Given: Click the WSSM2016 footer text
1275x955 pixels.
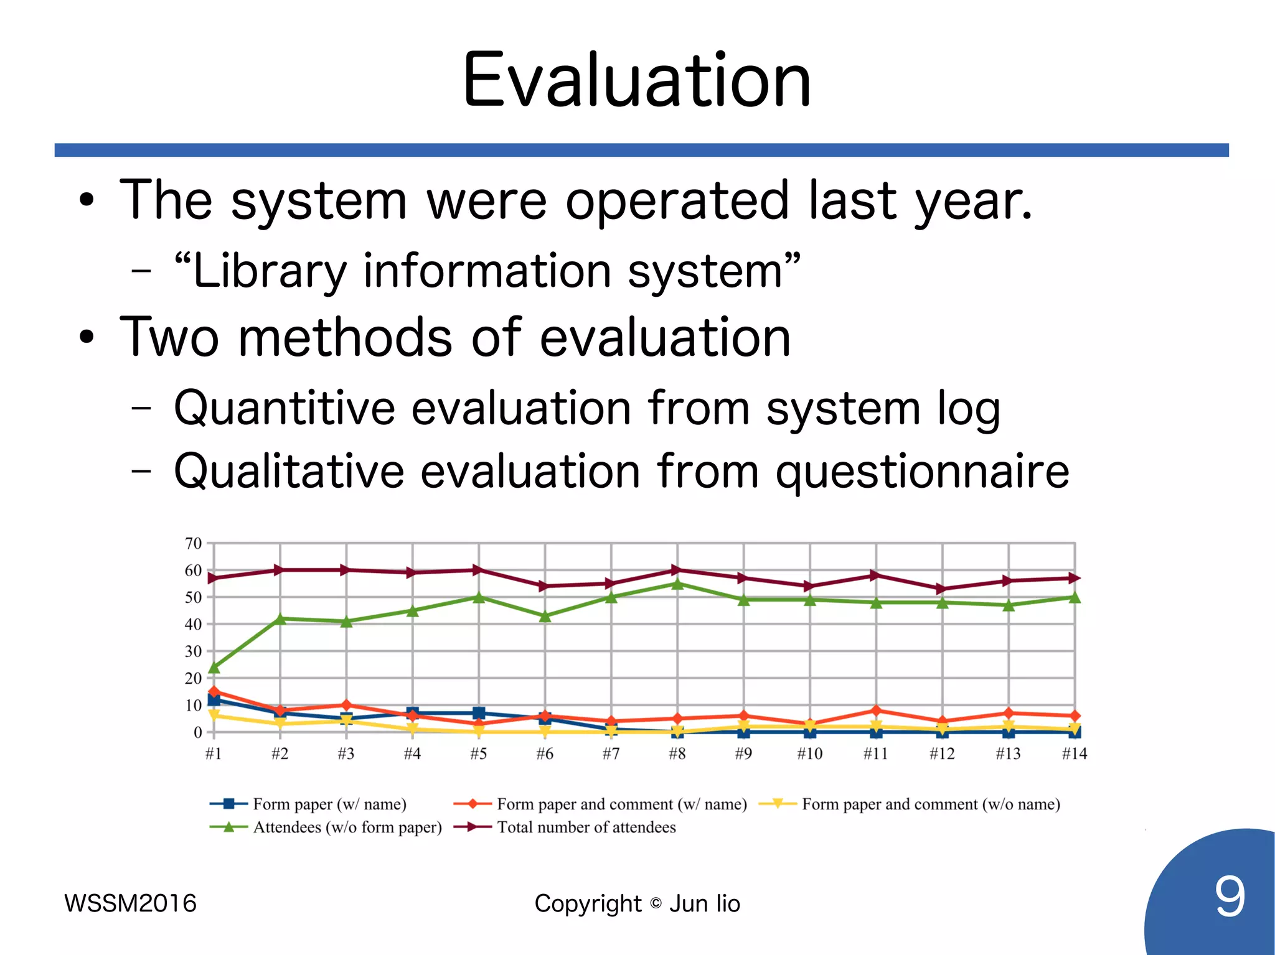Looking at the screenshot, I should pyautogui.click(x=130, y=903).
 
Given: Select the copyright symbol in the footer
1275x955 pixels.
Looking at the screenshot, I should pyautogui.click(x=656, y=903).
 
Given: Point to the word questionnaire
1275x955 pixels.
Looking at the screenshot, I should pyautogui.click(x=922, y=472).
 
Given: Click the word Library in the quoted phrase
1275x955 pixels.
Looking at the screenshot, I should pyautogui.click(x=270, y=271).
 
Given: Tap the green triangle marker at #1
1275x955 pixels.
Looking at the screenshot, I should pyautogui.click(x=214, y=668).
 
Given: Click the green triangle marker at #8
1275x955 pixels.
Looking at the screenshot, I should pyautogui.click(x=677, y=584).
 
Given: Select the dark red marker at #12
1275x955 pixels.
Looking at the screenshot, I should pyautogui.click(x=942, y=589).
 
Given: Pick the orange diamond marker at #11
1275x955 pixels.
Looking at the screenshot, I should pyautogui.click(x=876, y=710).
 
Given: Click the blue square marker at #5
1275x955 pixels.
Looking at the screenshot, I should pyautogui.click(x=479, y=713).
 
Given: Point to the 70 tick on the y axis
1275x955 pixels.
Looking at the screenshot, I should pyautogui.click(x=194, y=543).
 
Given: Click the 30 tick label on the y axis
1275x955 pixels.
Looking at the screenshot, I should pyautogui.click(x=194, y=651).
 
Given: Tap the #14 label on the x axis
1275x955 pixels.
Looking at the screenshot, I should pyautogui.click(x=1074, y=753).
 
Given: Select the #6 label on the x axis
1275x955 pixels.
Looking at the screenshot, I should pyautogui.click(x=545, y=753).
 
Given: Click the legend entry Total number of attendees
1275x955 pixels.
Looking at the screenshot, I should pyautogui.click(x=586, y=827).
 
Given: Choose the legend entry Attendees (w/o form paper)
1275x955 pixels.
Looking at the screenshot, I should pyautogui.click(x=347, y=827).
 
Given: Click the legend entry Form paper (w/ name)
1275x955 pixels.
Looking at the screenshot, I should pyautogui.click(x=329, y=804).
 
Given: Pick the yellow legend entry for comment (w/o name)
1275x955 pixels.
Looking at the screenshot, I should pyautogui.click(x=930, y=804).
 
